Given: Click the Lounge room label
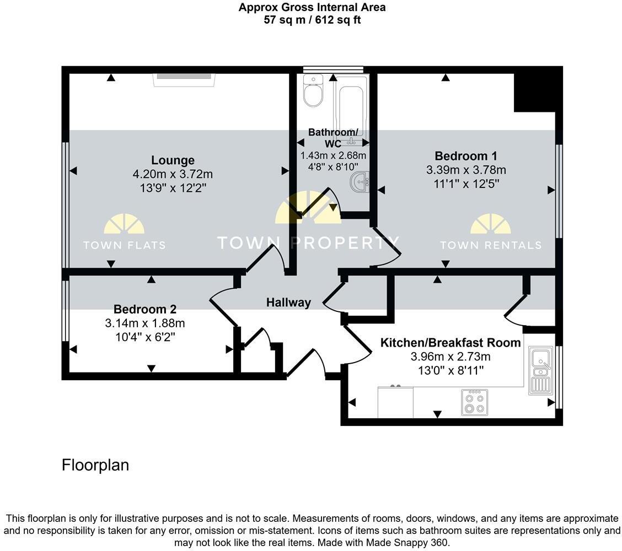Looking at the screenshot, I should (x=173, y=160).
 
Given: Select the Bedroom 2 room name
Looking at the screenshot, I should (x=145, y=309).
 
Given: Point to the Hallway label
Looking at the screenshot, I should (x=288, y=302).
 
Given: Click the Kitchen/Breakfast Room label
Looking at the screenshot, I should (x=451, y=343).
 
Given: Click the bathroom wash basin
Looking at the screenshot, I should (x=361, y=181).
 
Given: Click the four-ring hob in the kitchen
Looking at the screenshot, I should (x=474, y=402).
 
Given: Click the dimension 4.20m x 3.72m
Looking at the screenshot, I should (x=173, y=174).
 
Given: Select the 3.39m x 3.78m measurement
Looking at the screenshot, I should (x=465, y=170).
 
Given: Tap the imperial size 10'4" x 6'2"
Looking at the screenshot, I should (x=145, y=336).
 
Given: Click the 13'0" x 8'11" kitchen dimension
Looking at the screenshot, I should (x=451, y=370).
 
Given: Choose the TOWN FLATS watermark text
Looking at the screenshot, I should (x=124, y=245).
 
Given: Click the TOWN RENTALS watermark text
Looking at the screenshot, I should (x=490, y=245).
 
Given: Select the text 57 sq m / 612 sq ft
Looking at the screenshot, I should (x=312, y=20).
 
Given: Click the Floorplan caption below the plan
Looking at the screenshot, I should (x=95, y=465).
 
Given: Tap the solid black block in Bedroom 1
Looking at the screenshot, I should (x=533, y=91).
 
